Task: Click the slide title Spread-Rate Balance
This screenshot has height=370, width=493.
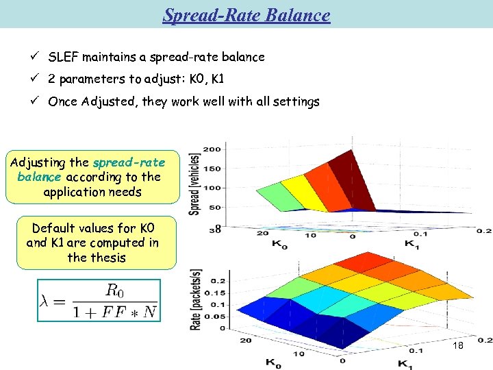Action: pos(246,15)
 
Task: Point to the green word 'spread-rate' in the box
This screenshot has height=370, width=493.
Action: pos(129,162)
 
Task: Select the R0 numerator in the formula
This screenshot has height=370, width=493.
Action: pos(117,289)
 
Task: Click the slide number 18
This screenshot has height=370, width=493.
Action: pos(457,346)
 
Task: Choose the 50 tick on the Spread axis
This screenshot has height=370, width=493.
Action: pos(214,207)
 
